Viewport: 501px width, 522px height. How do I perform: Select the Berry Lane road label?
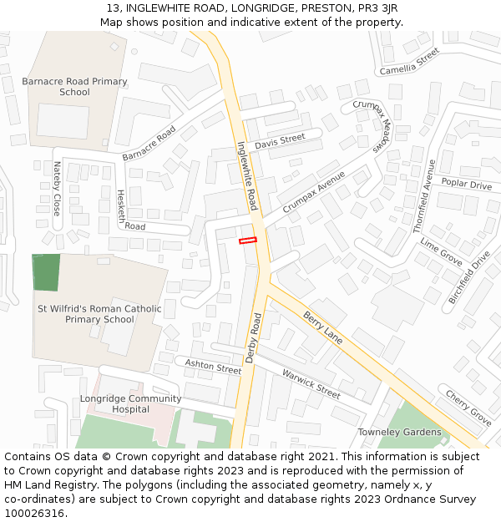tap(323, 327)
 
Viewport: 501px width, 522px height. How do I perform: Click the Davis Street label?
tap(281, 142)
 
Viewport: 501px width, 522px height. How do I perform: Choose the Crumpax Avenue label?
tap(313, 192)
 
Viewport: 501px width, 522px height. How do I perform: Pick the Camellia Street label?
tap(409, 61)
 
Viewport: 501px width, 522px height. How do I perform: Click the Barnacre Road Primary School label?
tap(74, 87)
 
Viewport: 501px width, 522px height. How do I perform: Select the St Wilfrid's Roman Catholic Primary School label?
tap(99, 314)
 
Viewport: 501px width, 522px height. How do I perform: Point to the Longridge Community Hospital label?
tap(119, 404)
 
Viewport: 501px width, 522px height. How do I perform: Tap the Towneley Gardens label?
tap(399, 432)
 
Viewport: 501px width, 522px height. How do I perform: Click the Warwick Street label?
tap(311, 383)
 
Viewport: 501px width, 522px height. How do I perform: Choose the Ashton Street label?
tap(213, 365)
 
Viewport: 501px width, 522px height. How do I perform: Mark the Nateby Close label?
tap(57, 189)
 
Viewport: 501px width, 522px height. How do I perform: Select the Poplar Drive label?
tap(466, 185)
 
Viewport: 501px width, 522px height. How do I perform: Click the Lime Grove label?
tap(441, 251)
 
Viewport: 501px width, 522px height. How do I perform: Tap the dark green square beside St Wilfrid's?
tap(46, 272)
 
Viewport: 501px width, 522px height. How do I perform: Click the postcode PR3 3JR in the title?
tap(372, 8)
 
